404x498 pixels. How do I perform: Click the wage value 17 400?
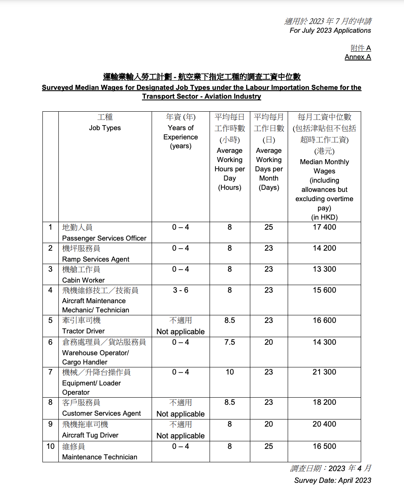[x=324, y=227]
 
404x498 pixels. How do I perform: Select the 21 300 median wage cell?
[x=324, y=372]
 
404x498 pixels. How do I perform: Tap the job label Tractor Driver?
[x=84, y=331]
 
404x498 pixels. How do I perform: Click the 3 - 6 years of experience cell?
[x=181, y=290]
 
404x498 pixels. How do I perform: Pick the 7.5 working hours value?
[x=229, y=342]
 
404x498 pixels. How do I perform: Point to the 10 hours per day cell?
[x=229, y=372]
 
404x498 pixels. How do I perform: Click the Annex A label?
[x=358, y=57]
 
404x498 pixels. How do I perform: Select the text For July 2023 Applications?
[x=330, y=30]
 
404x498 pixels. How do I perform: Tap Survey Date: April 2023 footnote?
[x=333, y=480]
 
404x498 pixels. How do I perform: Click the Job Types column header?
[x=105, y=128]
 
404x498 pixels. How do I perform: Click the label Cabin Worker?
[x=84, y=280]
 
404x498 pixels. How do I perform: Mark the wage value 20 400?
[x=324, y=424]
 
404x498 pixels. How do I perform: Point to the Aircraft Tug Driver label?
[x=90, y=435]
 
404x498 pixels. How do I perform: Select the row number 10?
[x=50, y=446]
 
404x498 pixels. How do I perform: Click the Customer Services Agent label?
[x=102, y=413]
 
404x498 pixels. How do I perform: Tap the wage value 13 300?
[x=324, y=269]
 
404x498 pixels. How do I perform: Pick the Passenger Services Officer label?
[x=104, y=238]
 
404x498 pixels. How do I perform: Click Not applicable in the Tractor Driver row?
[x=181, y=331]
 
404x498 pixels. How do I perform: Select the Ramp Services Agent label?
[x=96, y=259]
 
